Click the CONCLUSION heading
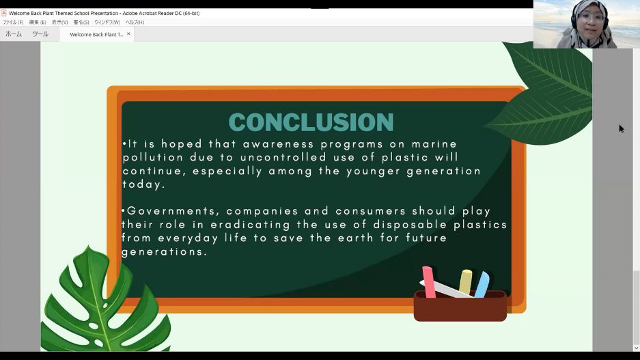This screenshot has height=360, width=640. pos(311,122)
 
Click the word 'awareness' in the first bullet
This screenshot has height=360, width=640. pos(279,144)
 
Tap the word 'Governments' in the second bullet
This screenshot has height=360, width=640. pos(171,211)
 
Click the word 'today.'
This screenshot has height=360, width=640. pos(143,184)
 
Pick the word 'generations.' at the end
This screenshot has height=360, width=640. pos(164,252)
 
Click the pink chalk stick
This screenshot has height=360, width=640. pos(428,281)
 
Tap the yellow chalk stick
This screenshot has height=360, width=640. pos(465,281)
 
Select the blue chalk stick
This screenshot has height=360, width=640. pos(482,284)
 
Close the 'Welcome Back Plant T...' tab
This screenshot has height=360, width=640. pos(128,34)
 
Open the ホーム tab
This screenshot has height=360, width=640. pos(14,34)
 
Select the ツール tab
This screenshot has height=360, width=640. pos(40,34)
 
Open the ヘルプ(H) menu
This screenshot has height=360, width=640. pos(135,22)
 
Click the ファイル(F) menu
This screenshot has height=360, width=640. pos(13,22)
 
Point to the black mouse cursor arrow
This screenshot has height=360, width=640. pos(622,128)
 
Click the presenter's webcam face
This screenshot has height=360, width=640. pos(589,18)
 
